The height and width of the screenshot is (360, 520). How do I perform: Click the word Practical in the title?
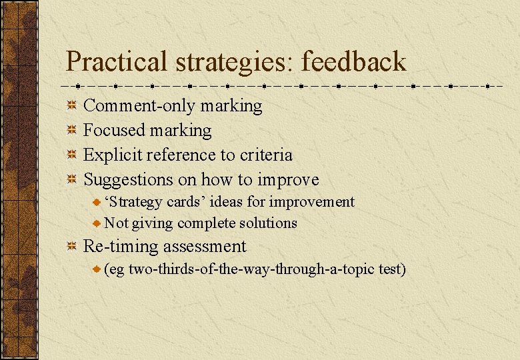(x=117, y=62)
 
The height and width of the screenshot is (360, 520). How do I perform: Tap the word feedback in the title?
(x=353, y=62)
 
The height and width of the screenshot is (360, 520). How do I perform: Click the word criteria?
(x=265, y=155)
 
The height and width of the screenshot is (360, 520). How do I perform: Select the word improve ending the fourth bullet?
(x=288, y=179)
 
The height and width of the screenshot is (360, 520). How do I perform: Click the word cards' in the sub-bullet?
(x=181, y=201)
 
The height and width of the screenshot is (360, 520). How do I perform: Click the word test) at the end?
(x=390, y=269)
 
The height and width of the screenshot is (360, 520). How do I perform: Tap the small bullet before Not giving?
(x=97, y=223)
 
